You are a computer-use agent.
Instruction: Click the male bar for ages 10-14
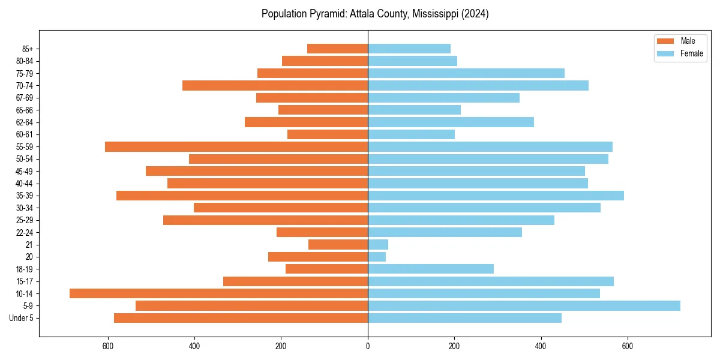point(218,293)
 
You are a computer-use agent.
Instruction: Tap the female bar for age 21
point(378,245)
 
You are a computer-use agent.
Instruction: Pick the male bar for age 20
point(318,257)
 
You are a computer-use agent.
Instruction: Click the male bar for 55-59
point(236,147)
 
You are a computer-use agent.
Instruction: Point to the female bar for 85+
point(409,49)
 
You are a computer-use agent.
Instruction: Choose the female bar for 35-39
point(496,196)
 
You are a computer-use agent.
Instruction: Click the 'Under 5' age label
point(22,318)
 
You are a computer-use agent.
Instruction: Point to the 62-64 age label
point(25,122)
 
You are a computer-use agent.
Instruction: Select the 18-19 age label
point(25,269)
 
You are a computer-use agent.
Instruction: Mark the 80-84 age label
point(25,61)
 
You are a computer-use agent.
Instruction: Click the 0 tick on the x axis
point(368,346)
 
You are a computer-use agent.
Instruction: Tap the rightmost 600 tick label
point(627,346)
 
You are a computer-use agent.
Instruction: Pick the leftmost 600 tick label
point(108,346)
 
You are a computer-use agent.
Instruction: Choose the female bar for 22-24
point(445,232)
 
